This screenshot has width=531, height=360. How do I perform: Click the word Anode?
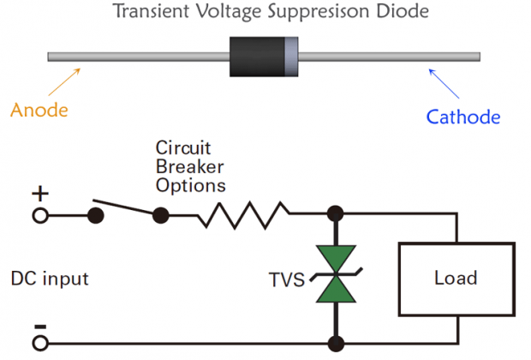(39, 111)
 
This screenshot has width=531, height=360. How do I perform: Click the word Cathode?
(463, 117)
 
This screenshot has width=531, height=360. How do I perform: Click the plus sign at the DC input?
(39, 195)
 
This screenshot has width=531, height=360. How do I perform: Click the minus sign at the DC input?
(39, 327)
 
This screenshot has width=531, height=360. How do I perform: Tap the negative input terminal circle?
(39, 345)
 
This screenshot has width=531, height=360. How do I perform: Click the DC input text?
(50, 279)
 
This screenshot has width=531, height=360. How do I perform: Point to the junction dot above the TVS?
(335, 214)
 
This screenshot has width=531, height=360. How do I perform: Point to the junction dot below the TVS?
(335, 345)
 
